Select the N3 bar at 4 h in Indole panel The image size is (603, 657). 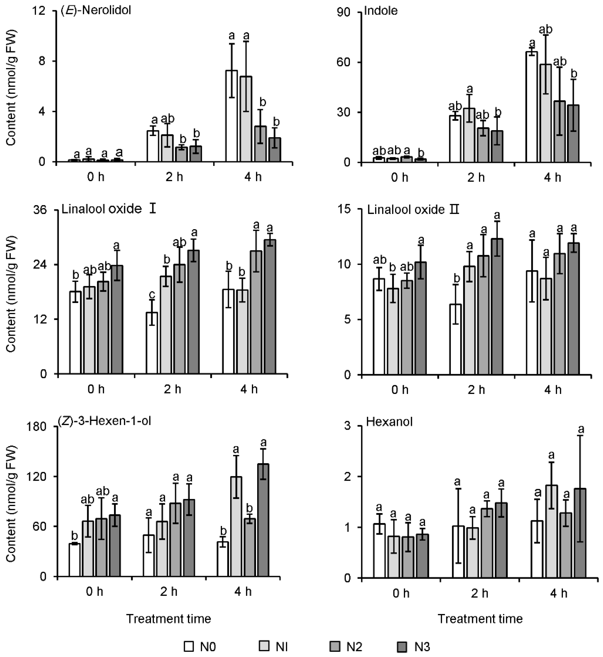(x=573, y=134)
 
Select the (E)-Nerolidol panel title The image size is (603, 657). (x=96, y=10)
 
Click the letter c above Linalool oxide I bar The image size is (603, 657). (x=152, y=295)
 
